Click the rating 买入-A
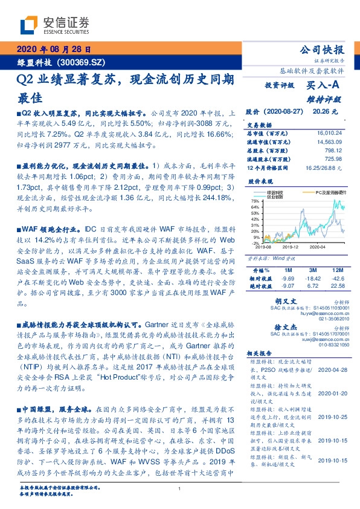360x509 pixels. tap(325, 86)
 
